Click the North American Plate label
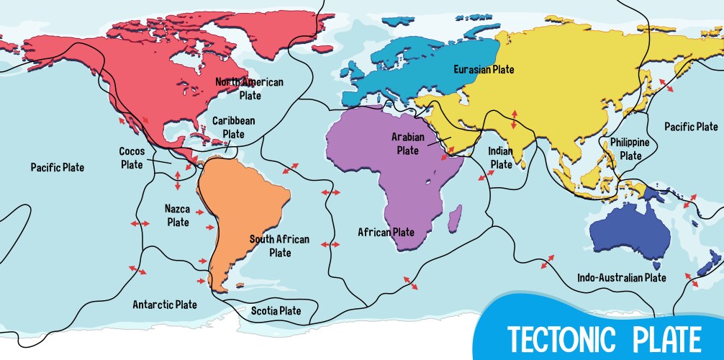pyautogui.click(x=250, y=89)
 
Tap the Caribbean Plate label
pyautogui.click(x=233, y=127)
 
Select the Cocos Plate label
pyautogui.click(x=132, y=158)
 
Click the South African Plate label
pyautogui.click(x=279, y=246)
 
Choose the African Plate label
pyautogui.click(x=386, y=233)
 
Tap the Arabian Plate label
pyautogui.click(x=407, y=143)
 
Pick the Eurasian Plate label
pyautogui.click(x=484, y=70)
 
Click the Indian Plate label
pyautogui.click(x=500, y=158)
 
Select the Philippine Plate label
pyautogui.click(x=630, y=149)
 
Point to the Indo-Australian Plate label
pyautogui.click(x=622, y=277)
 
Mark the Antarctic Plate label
pyautogui.click(x=165, y=305)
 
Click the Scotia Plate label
pyautogui.click(x=276, y=311)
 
